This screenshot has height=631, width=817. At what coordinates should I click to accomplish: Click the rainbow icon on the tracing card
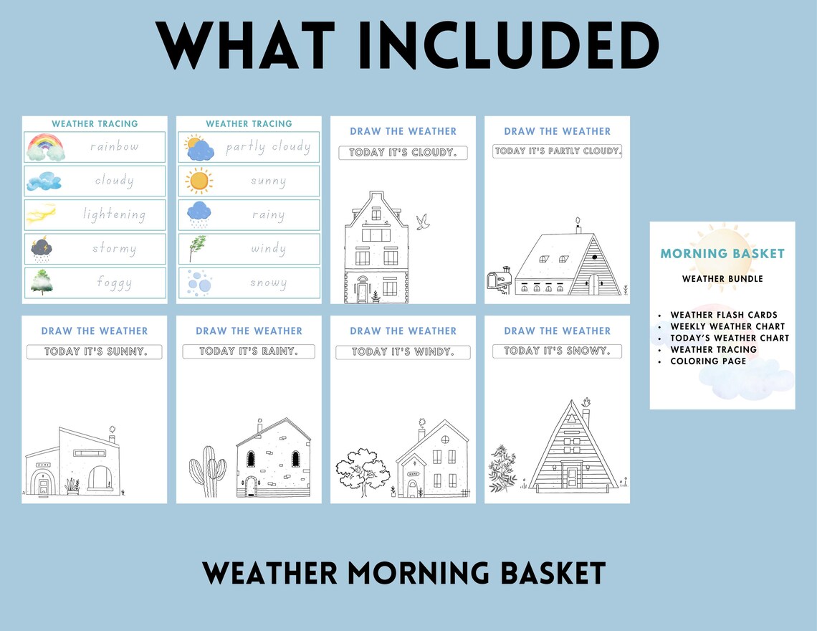pos(45,148)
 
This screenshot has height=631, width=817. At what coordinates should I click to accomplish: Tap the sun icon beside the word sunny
pos(199,181)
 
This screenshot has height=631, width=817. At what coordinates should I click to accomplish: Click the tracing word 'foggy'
pos(114,283)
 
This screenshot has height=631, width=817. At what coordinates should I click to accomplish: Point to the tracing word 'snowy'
pos(268,283)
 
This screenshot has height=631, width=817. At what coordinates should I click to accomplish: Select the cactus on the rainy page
pos(207,470)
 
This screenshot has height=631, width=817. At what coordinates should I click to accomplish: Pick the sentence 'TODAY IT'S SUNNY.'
pos(95,352)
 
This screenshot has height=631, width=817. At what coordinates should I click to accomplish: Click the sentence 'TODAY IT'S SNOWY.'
pos(557,351)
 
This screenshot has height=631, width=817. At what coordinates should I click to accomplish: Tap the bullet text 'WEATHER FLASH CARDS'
pos(724,315)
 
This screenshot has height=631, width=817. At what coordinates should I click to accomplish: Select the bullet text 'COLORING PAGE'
pos(708,361)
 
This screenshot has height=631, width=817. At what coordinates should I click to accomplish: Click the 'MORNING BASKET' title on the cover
pos(722,253)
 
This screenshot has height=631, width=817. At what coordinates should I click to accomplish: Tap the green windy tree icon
pos(196,248)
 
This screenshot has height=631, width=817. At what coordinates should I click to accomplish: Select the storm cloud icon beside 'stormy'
pos(41,249)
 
